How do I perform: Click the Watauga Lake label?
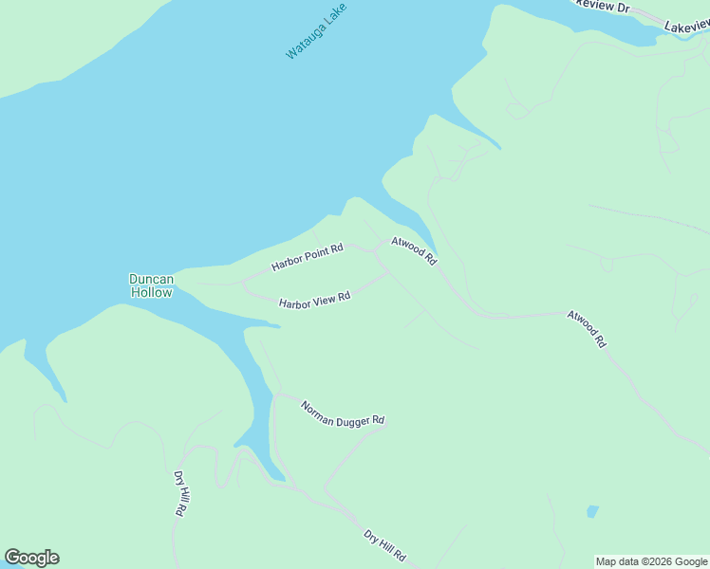pyautogui.click(x=317, y=32)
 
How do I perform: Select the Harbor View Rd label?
pyautogui.click(x=314, y=301)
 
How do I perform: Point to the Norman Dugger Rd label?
pyautogui.click(x=342, y=413)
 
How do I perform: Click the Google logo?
pyautogui.click(x=31, y=558)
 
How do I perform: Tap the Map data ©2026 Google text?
pyautogui.click(x=651, y=561)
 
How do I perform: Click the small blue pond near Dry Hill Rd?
pyautogui.click(x=592, y=511)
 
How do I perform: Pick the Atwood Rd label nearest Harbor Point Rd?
pyautogui.click(x=413, y=250)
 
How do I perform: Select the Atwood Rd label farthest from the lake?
pyautogui.click(x=586, y=328)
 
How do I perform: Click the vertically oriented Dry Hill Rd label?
pyautogui.click(x=178, y=493)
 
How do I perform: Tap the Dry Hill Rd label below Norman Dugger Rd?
pyautogui.click(x=384, y=544)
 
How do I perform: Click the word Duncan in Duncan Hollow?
pyautogui.click(x=152, y=279)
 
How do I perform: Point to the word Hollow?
pyautogui.click(x=152, y=293)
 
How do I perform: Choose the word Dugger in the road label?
pyautogui.click(x=350, y=416)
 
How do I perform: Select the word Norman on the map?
pyautogui.click(x=319, y=409)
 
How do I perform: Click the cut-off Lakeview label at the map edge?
pyautogui.click(x=686, y=28)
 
